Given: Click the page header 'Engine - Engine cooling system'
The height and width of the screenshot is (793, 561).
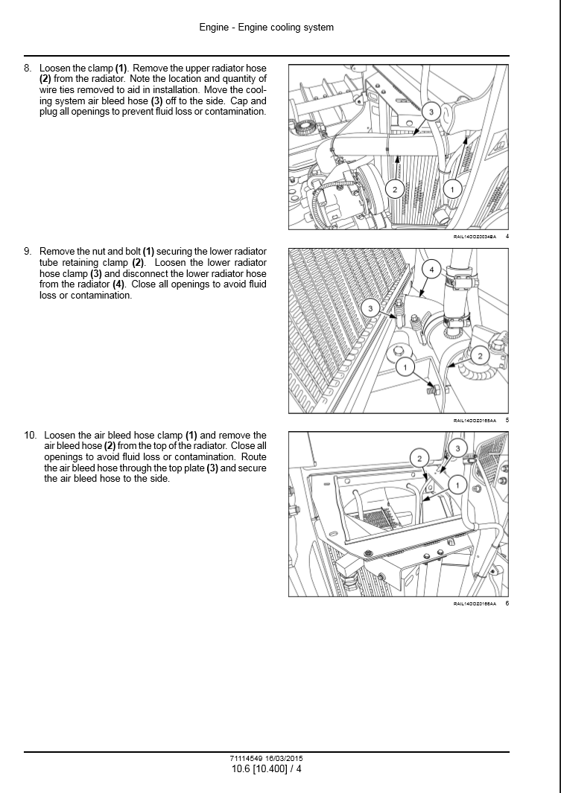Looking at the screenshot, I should pyautogui.click(x=266, y=28).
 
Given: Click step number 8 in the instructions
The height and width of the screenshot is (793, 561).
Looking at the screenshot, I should pyautogui.click(x=28, y=68).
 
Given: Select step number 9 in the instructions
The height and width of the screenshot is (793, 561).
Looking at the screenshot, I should pyautogui.click(x=28, y=252).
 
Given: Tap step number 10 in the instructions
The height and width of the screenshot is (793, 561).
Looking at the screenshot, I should pyautogui.click(x=30, y=435).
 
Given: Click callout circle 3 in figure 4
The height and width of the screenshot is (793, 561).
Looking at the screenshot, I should pyautogui.click(x=431, y=112).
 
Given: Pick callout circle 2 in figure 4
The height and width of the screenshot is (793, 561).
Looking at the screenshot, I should pyautogui.click(x=395, y=189).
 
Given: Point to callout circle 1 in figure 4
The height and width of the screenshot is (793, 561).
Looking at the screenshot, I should pyautogui.click(x=452, y=189).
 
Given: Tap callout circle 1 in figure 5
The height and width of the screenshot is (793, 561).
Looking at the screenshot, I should pyautogui.click(x=405, y=367).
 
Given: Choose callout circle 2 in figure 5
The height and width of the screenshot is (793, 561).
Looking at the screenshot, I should pyautogui.click(x=480, y=356).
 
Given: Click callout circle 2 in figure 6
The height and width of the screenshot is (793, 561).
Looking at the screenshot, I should pyautogui.click(x=419, y=458).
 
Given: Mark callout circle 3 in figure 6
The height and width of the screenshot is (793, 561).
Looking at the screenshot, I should pyautogui.click(x=458, y=448).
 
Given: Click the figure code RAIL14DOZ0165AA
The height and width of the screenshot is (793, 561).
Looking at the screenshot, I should pyautogui.click(x=475, y=421).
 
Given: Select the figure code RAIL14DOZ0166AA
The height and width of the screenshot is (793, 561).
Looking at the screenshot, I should pyautogui.click(x=475, y=604).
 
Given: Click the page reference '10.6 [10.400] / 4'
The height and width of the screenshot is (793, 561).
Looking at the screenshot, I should pyautogui.click(x=267, y=768).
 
